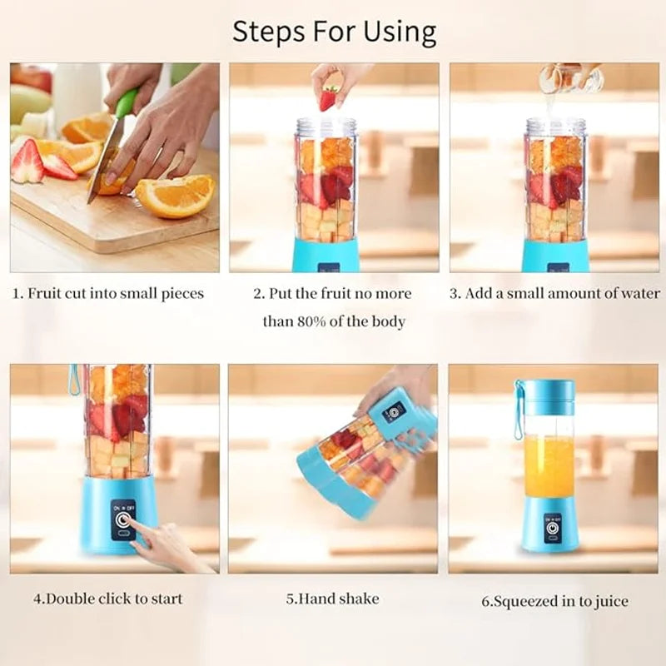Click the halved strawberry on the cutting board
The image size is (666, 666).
click(27, 162)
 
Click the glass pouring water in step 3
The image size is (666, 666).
click(570, 78)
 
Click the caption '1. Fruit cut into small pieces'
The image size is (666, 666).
click(107, 293)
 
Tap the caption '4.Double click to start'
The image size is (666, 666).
click(107, 598)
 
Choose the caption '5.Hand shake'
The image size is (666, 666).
click(332, 598)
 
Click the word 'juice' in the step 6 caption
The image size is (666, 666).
click(610, 600)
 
